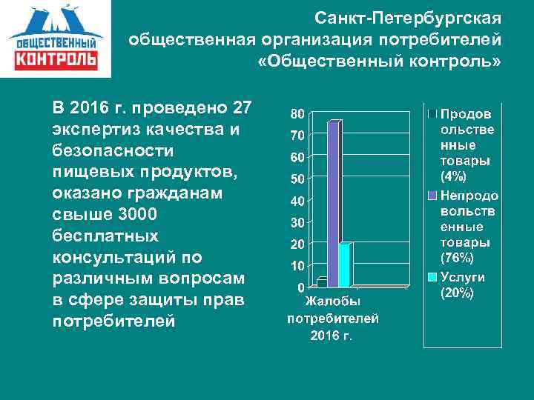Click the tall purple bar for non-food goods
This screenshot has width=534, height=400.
(333, 204)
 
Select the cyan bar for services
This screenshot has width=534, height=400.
(344, 264)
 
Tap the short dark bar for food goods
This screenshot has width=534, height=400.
(322, 282)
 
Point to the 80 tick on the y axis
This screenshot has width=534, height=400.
(296, 114)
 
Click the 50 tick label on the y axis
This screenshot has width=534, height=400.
(296, 179)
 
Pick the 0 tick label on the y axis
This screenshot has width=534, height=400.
(300, 287)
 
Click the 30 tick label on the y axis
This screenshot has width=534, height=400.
(296, 222)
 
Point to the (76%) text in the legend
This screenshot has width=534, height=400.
(457, 259)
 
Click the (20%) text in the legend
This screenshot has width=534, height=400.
(457, 293)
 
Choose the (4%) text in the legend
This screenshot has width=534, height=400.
(454, 177)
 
